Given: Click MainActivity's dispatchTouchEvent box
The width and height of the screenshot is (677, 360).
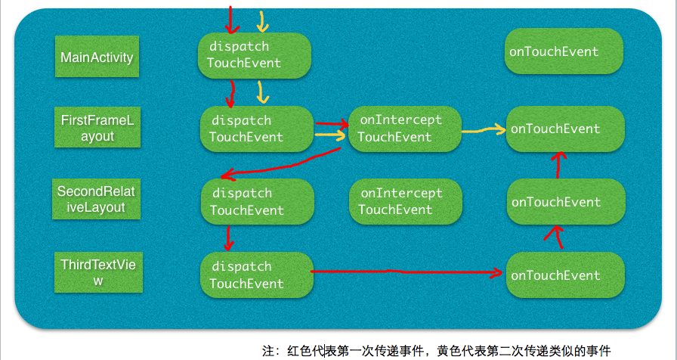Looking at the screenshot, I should tap(255, 54).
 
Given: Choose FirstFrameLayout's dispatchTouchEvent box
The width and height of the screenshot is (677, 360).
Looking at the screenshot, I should tap(256, 129).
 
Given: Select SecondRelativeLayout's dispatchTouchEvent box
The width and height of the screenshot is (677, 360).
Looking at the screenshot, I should tap(256, 201).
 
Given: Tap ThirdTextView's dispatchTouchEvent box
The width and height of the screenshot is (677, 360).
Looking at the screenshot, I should tap(256, 275).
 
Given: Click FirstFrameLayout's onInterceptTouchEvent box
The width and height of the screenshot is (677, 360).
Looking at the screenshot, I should tap(403, 129).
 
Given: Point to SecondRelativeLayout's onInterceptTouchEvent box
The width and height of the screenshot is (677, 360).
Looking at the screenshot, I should tap(405, 201).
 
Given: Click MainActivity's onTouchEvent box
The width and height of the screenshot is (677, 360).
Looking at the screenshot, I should tap(563, 51).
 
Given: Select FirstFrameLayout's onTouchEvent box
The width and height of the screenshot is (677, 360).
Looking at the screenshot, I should tap(565, 129).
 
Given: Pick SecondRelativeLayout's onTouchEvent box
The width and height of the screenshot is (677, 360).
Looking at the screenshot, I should tap(565, 201).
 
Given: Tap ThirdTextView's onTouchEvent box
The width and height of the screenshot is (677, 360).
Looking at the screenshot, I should tap(565, 275).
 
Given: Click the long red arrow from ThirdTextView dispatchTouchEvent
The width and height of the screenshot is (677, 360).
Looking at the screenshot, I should tap(408, 271).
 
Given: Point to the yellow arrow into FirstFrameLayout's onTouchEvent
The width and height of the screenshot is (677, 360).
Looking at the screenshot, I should tap(484, 130).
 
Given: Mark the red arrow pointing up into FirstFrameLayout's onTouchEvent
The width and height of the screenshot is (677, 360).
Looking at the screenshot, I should tap(558, 163).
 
